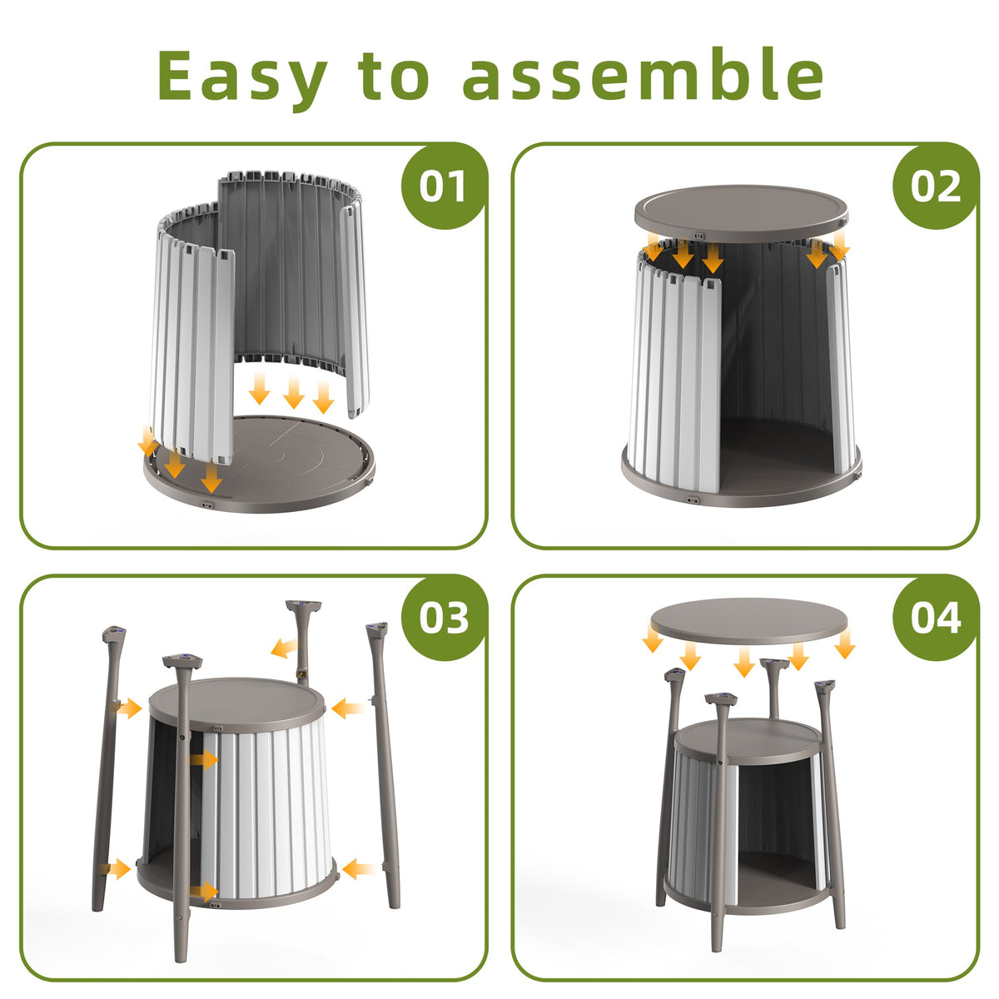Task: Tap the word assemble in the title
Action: (643, 73)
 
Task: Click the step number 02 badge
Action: (936, 186)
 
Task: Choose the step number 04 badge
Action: (936, 618)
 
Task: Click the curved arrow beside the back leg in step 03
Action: (285, 648)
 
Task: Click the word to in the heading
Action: (394, 75)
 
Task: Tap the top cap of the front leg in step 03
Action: (182, 661)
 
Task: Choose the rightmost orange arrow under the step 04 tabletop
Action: (844, 644)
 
